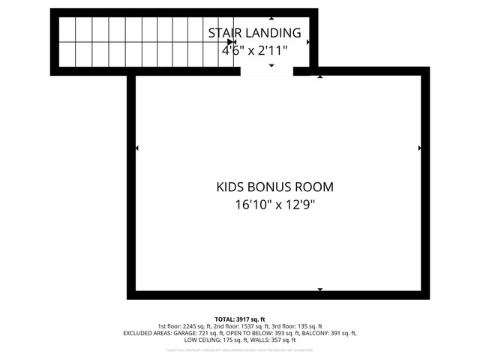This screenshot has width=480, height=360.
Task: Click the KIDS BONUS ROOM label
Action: point(274,187)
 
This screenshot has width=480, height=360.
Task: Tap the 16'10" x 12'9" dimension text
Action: point(274,205)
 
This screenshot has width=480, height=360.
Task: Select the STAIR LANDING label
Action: point(255,33)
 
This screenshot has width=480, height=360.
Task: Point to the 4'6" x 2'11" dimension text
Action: point(255,51)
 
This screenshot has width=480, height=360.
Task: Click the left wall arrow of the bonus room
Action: point(136,148)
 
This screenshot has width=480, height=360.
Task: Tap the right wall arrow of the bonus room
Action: point(419,148)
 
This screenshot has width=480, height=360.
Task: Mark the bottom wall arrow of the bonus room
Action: point(320,289)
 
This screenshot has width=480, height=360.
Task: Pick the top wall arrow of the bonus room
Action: point(320,76)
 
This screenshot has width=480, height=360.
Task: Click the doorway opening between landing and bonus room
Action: point(267,71)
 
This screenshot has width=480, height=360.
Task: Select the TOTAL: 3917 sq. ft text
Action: point(240,319)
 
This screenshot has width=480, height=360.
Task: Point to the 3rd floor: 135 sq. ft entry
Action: point(297,326)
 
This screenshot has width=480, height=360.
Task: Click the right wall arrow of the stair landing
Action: point(308,42)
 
